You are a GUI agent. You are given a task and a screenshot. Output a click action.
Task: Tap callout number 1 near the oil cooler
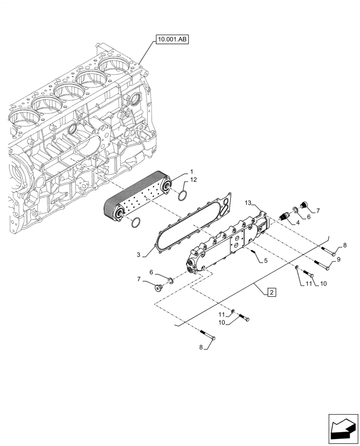[x=192, y=172]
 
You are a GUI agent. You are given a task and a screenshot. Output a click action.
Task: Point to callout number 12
[x=193, y=180]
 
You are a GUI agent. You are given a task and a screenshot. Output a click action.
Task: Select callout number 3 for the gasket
[x=139, y=255]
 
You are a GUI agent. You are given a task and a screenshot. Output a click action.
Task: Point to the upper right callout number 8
[x=344, y=245]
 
